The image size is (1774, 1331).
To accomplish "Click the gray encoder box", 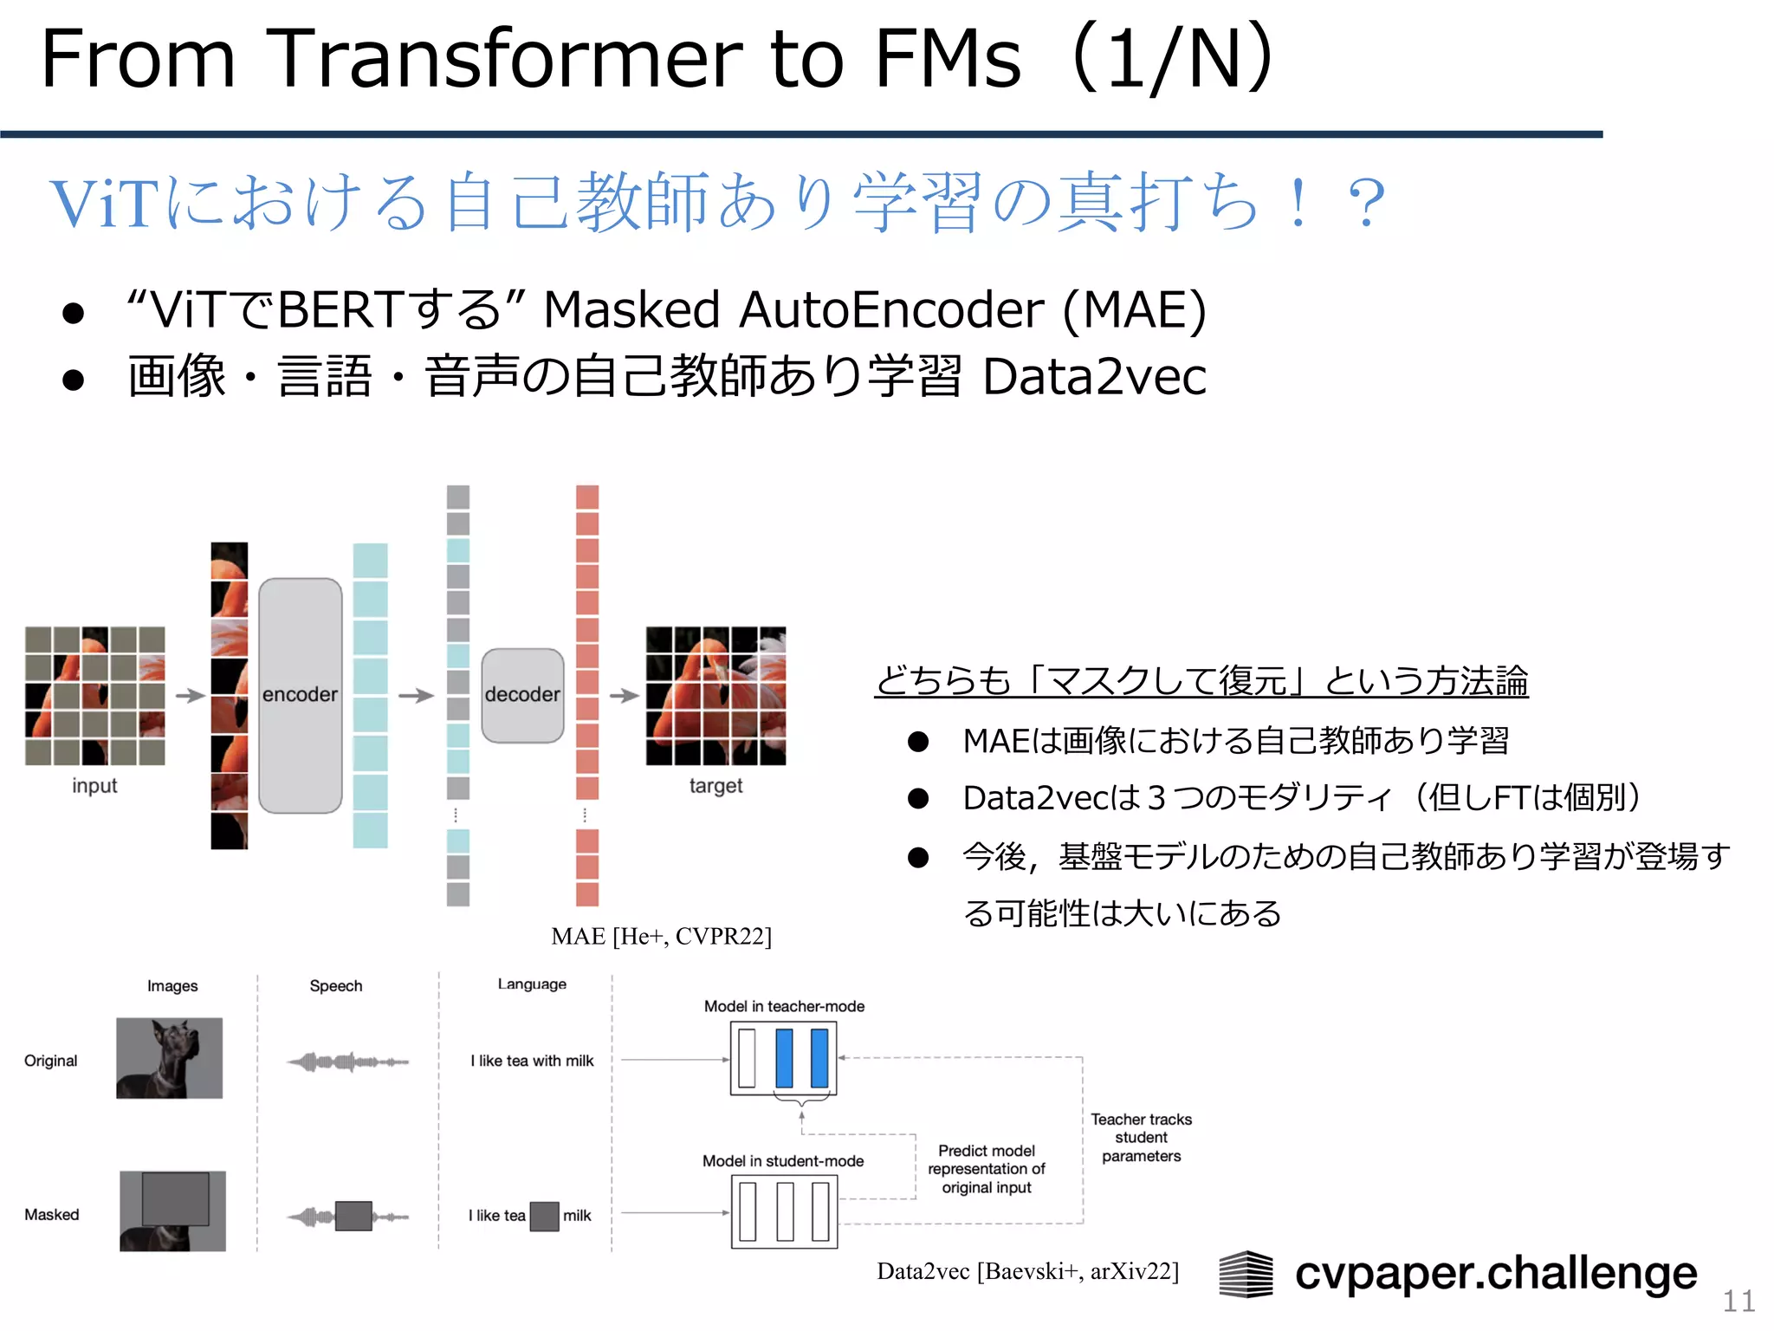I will click(x=300, y=695).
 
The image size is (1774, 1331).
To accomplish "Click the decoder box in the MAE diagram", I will click(x=522, y=695).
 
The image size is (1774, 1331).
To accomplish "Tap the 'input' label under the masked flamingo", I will click(x=94, y=786).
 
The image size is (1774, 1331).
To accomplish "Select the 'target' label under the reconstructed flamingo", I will click(x=715, y=786).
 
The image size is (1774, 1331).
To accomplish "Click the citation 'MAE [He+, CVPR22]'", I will click(x=661, y=936).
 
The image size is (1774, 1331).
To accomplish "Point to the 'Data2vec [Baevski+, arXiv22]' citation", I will click(x=1027, y=1271).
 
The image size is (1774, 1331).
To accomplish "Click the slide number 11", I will click(x=1738, y=1301).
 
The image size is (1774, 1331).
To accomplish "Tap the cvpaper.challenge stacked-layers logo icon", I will click(x=1246, y=1274).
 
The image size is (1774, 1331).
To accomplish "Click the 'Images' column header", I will click(x=172, y=986).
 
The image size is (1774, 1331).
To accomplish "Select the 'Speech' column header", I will click(x=336, y=986).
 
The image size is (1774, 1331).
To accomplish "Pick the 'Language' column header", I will click(x=532, y=984).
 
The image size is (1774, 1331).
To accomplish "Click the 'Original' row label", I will click(x=51, y=1061).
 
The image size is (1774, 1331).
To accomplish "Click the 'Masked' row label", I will click(x=52, y=1215).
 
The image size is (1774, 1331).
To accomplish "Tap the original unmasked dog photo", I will click(x=170, y=1058).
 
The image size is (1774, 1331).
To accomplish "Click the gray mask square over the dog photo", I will click(x=175, y=1198).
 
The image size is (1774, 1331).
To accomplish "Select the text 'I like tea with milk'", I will click(x=532, y=1061).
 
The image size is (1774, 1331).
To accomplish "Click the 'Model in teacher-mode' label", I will click(x=784, y=1006).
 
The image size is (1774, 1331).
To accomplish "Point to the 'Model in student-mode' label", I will click(x=783, y=1161).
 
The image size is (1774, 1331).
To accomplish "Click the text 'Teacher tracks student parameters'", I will click(x=1141, y=1138).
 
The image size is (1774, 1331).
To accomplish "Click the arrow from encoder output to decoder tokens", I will click(x=416, y=695).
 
